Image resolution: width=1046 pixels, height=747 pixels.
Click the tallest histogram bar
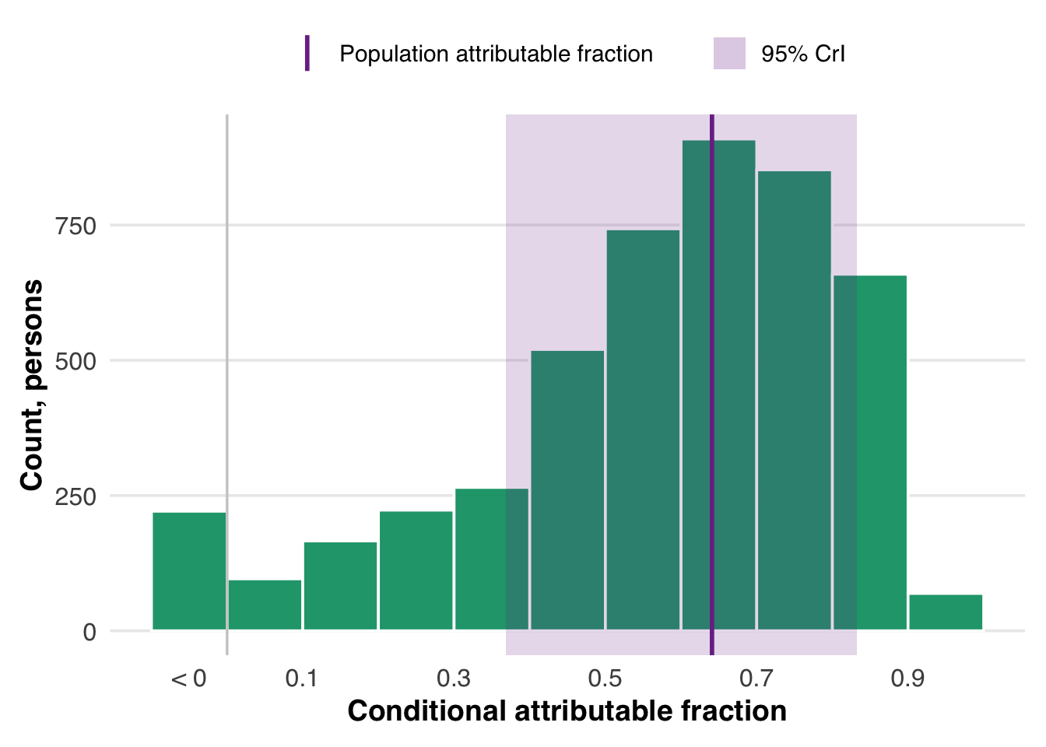pyautogui.click(x=718, y=384)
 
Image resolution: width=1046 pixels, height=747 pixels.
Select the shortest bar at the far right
pyautogui.click(x=946, y=612)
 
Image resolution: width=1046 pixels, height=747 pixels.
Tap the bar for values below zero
pyautogui.click(x=189, y=571)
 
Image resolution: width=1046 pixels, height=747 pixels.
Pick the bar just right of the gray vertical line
pyautogui.click(x=265, y=605)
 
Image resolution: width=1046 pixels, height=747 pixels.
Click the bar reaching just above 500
pyautogui.click(x=567, y=490)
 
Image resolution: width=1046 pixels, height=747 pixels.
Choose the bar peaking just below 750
pyautogui.click(x=643, y=430)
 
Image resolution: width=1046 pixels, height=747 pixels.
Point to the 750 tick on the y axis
pyautogui.click(x=75, y=226)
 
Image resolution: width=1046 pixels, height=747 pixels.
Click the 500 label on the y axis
pyautogui.click(x=75, y=361)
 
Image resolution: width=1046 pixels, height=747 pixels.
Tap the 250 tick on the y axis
pyautogui.click(x=75, y=496)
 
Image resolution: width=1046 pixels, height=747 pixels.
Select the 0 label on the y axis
pyautogui.click(x=90, y=632)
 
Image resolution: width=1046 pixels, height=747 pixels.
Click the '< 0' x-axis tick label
pyautogui.click(x=188, y=679)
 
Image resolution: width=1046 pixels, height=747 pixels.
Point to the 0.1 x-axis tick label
pyautogui.click(x=302, y=679)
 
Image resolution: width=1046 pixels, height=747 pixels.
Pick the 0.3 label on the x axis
pyautogui.click(x=454, y=679)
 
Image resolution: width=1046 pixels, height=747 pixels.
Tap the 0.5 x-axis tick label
pyautogui.click(x=605, y=679)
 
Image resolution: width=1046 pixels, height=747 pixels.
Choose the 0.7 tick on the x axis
pyautogui.click(x=756, y=679)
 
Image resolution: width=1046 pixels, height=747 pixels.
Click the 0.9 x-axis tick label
pyautogui.click(x=907, y=679)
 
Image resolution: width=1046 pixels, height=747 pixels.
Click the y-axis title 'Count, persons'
pyautogui.click(x=32, y=384)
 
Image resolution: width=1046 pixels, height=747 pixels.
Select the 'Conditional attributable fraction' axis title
pyautogui.click(x=567, y=711)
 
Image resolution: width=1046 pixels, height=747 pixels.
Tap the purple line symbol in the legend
pyautogui.click(x=307, y=53)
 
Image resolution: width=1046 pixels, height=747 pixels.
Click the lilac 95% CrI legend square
pyautogui.click(x=729, y=53)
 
